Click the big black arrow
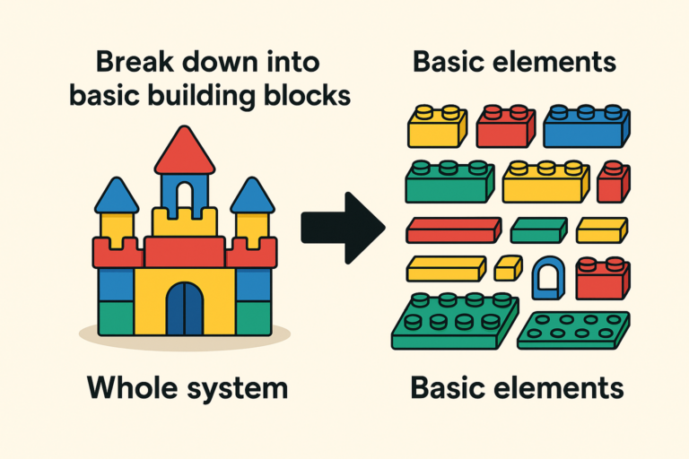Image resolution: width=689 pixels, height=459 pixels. coord(341,229)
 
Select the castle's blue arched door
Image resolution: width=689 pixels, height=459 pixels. coord(185,308)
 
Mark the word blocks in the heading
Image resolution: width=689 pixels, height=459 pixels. coord(301,93)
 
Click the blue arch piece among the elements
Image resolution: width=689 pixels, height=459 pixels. coord(546,278)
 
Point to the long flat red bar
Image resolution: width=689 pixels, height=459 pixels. coord(453,230)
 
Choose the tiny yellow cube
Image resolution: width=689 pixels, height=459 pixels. coord(508,266)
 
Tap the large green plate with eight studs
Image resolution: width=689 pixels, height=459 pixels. coord(455,321)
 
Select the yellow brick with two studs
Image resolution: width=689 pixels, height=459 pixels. coord(437,127)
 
